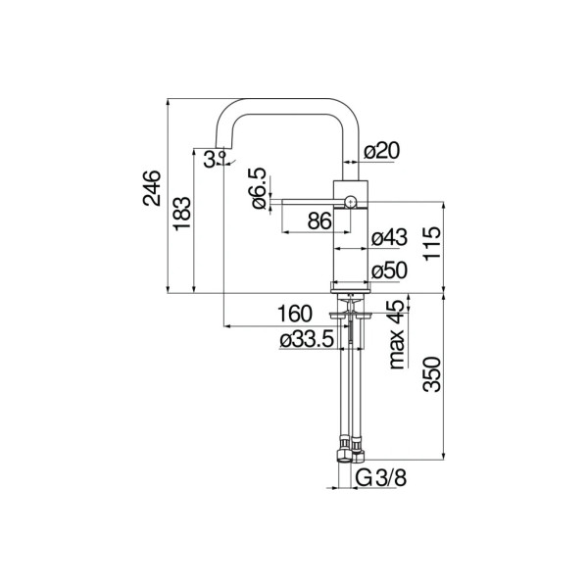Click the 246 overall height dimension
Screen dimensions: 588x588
(x=152, y=188)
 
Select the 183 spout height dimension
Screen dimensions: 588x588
(x=182, y=213)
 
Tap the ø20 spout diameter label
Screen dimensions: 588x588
(x=382, y=151)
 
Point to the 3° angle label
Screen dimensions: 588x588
(x=214, y=159)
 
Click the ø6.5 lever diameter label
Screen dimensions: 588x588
(x=259, y=188)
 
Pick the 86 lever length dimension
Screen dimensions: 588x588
(x=319, y=220)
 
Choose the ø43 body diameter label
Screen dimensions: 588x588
(x=389, y=238)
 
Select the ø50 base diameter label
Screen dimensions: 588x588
(x=389, y=270)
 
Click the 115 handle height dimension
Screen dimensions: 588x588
(x=432, y=243)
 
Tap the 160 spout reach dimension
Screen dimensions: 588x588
(x=295, y=314)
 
